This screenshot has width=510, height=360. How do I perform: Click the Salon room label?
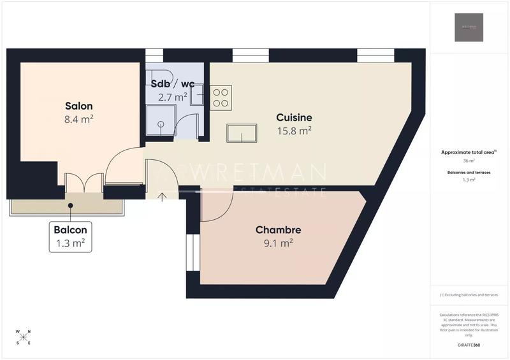point(79,106)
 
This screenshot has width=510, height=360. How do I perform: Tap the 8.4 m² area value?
point(79,119)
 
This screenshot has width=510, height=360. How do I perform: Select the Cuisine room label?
point(294,117)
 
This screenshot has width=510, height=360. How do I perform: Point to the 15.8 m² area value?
point(294,131)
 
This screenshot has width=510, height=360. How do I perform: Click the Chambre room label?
point(278,229)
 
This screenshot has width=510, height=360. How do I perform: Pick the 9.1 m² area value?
point(278,243)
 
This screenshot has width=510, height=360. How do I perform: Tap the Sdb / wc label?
point(172,84)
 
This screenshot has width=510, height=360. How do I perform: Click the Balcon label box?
point(70,236)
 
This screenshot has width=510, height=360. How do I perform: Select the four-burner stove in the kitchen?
point(221,96)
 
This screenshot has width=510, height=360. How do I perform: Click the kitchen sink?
point(242,133)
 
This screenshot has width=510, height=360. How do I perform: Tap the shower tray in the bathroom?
point(159,120)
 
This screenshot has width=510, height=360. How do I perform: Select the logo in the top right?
point(469,27)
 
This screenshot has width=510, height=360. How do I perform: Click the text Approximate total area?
point(468,152)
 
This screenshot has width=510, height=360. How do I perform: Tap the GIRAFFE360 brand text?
point(469,345)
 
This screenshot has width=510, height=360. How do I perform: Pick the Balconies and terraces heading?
point(469,172)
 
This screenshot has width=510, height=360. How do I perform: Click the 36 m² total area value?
point(469,161)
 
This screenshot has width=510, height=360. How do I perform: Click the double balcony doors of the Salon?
point(84,184)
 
